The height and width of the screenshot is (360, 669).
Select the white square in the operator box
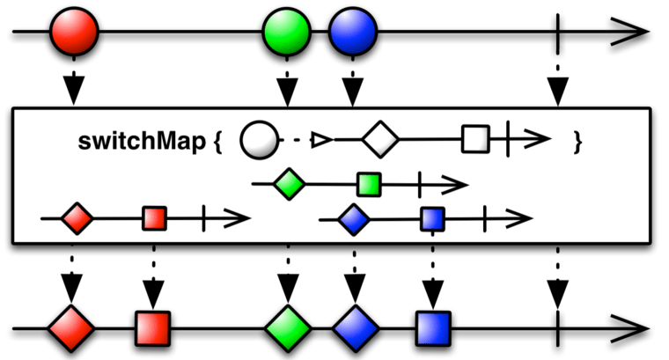[x=475, y=139]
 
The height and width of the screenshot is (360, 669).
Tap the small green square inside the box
[x=369, y=184]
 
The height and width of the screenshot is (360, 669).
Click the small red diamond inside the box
[x=78, y=217]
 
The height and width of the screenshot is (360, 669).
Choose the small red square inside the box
[x=154, y=217]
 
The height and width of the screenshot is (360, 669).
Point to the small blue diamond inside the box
[x=354, y=217]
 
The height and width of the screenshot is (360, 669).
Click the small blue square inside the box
[x=432, y=217]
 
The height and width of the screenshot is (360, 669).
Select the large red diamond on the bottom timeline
[x=70, y=329]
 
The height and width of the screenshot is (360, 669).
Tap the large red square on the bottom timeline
[x=153, y=329]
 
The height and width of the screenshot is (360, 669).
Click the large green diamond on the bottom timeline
[x=288, y=329]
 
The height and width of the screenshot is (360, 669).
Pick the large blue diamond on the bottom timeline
[x=355, y=329]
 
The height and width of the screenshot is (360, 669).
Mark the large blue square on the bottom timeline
[x=432, y=329]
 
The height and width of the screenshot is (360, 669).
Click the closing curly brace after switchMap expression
[x=577, y=141]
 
